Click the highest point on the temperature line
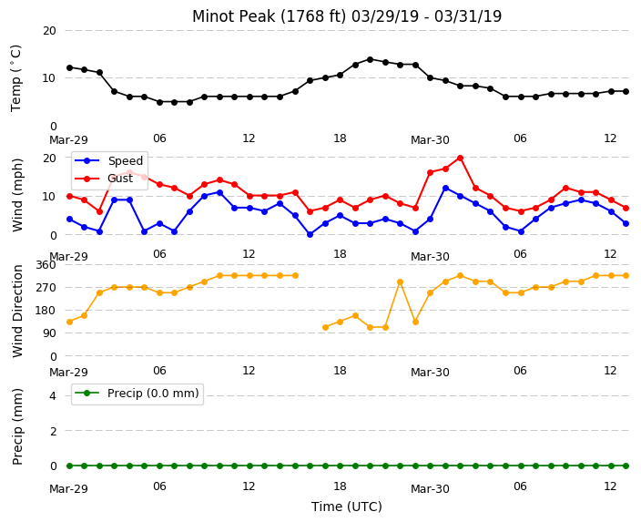coord(370,60)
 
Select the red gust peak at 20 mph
coord(460,158)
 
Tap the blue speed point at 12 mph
coord(445,189)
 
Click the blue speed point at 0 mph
coord(310,234)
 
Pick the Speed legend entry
coord(108,160)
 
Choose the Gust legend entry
coord(104,179)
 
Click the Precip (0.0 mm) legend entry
coord(137,394)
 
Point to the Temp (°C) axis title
coord(16,78)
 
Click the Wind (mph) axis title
coord(16,195)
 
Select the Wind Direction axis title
coord(16,311)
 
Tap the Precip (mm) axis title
coord(16,426)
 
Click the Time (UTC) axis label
coord(347,507)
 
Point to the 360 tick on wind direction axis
coord(46,265)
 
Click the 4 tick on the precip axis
coord(53,395)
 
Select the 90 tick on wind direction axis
coord(49,333)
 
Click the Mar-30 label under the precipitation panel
coord(430,488)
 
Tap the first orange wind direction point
coord(69,322)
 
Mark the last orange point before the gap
coord(295,276)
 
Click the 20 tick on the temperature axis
coord(49,30)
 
